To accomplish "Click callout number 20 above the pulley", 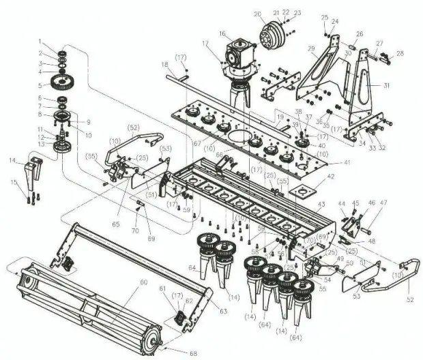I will (257, 14).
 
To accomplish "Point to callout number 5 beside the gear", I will (40, 85).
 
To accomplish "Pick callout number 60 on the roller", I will (144, 282).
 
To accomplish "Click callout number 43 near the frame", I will (321, 206).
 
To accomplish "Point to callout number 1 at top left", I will (40, 42).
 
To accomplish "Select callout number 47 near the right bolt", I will (383, 202).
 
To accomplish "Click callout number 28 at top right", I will (400, 53).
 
